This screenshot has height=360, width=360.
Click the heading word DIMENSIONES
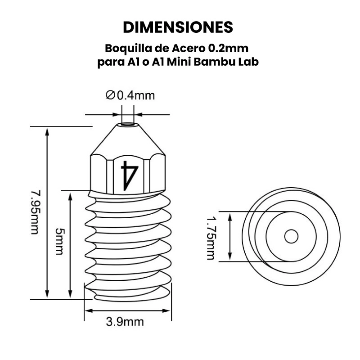(x=178, y=27)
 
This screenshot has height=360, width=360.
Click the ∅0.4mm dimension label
(x=130, y=95)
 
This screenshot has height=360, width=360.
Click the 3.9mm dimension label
(x=125, y=322)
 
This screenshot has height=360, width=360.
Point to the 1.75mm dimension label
(x=210, y=237)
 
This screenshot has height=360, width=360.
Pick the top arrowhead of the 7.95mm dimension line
(x=47, y=130)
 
